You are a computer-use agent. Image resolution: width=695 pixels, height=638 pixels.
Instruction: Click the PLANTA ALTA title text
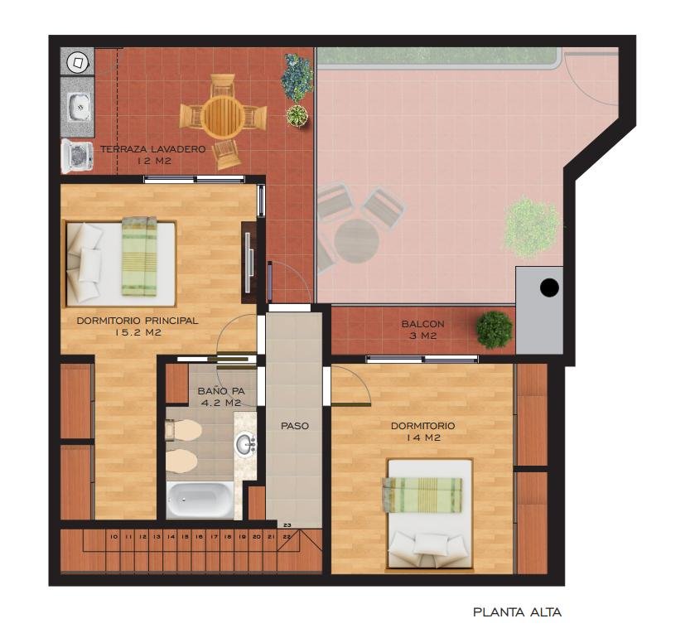coord(517,612)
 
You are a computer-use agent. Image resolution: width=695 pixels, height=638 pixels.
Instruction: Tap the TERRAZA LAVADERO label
coord(153,149)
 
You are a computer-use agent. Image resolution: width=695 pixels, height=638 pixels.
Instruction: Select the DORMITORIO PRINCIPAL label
coord(138,321)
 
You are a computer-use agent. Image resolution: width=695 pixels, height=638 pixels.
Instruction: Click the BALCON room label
coord(422,324)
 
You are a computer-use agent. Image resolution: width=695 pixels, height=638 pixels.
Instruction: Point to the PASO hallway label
coord(295,426)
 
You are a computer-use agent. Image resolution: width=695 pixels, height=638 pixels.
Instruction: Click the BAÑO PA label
coord(221,391)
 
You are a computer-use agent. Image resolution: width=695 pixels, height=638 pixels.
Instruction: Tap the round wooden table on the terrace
coord(222,117)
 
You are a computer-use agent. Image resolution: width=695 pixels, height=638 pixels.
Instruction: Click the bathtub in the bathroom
coord(200,500)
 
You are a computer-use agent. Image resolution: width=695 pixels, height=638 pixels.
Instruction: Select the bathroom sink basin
coord(245,444)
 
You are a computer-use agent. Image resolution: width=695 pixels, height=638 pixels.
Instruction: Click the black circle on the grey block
coord(549,288)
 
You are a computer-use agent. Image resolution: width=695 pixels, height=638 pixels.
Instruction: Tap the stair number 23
coord(287,525)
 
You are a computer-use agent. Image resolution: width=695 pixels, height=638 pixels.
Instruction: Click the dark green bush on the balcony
coord(495,330)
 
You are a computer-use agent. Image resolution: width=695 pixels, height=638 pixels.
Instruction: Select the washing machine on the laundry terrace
coord(77,156)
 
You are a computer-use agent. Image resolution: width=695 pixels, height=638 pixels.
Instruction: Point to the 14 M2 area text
coord(422,437)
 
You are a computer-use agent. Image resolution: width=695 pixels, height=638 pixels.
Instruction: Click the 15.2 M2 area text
coord(138,332)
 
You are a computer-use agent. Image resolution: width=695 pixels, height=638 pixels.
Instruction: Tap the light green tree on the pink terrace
coord(532,227)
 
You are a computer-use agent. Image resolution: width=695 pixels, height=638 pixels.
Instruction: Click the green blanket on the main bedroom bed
coord(139,256)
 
